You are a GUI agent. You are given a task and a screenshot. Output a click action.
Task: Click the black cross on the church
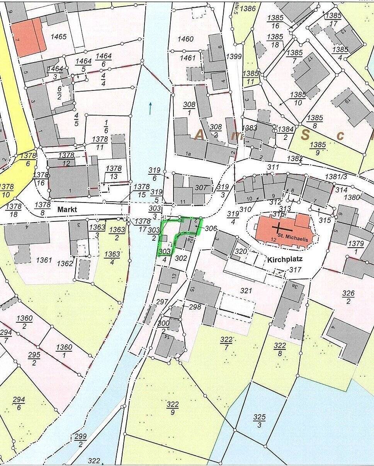[278, 227]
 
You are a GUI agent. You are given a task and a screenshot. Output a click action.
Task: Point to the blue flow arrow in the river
[150, 109]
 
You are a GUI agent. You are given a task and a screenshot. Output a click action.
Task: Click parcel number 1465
[58, 37]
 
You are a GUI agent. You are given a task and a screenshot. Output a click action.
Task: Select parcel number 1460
[185, 39]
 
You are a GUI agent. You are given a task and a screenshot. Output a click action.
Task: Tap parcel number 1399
[234, 56]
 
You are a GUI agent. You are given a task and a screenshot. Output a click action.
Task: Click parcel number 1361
[44, 260]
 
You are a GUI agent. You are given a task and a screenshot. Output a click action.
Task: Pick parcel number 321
[246, 291]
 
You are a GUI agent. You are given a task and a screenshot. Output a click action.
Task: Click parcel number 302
[181, 258]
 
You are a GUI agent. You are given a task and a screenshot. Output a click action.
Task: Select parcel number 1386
[248, 9]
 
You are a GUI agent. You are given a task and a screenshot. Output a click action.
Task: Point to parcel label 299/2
[80, 440]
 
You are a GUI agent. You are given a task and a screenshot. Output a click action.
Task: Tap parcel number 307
[201, 188]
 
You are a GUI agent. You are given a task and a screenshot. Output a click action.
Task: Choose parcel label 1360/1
[65, 351]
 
